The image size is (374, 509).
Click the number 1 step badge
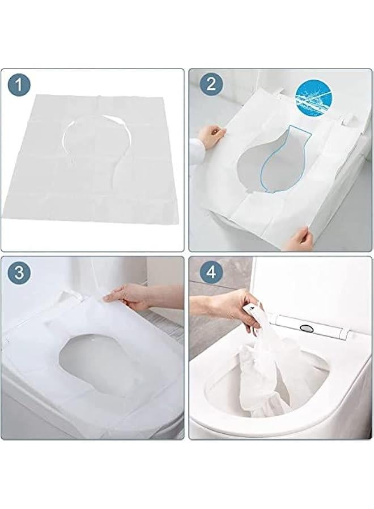19,85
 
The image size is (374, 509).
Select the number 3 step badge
19,273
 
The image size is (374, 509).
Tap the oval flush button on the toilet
305,329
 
